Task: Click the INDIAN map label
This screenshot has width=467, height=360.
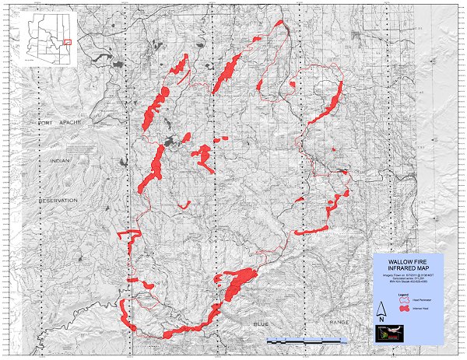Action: pyautogui.click(x=60, y=161)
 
